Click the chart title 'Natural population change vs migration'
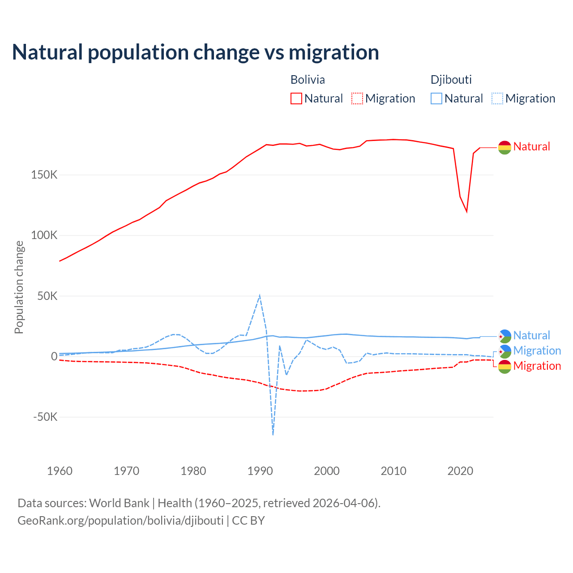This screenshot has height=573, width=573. pos(196,52)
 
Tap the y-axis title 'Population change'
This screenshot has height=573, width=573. pos(19,287)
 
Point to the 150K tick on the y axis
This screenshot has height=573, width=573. pos(44,175)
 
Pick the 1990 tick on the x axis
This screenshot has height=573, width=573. pos(260,471)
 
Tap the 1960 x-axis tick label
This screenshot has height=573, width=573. pos(60,471)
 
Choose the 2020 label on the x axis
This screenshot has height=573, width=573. pos(460,471)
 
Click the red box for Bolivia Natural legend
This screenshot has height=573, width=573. pos(296,98)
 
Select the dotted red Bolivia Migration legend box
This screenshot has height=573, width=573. pos(357,98)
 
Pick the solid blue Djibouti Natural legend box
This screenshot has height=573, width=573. pos(436,98)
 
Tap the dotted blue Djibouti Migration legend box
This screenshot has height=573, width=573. pos(497,98)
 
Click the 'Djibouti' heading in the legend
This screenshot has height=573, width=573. pos(451,80)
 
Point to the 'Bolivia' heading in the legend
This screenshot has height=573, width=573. pos(308,80)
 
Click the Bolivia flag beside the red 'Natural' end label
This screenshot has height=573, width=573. pos(505,147)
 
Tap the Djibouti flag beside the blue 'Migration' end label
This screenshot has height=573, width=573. pos(505,351)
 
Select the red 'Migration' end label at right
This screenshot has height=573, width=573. pos(537,366)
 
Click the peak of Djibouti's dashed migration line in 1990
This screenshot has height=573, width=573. pos(260,295)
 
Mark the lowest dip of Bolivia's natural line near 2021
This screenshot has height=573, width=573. pos(467,211)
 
